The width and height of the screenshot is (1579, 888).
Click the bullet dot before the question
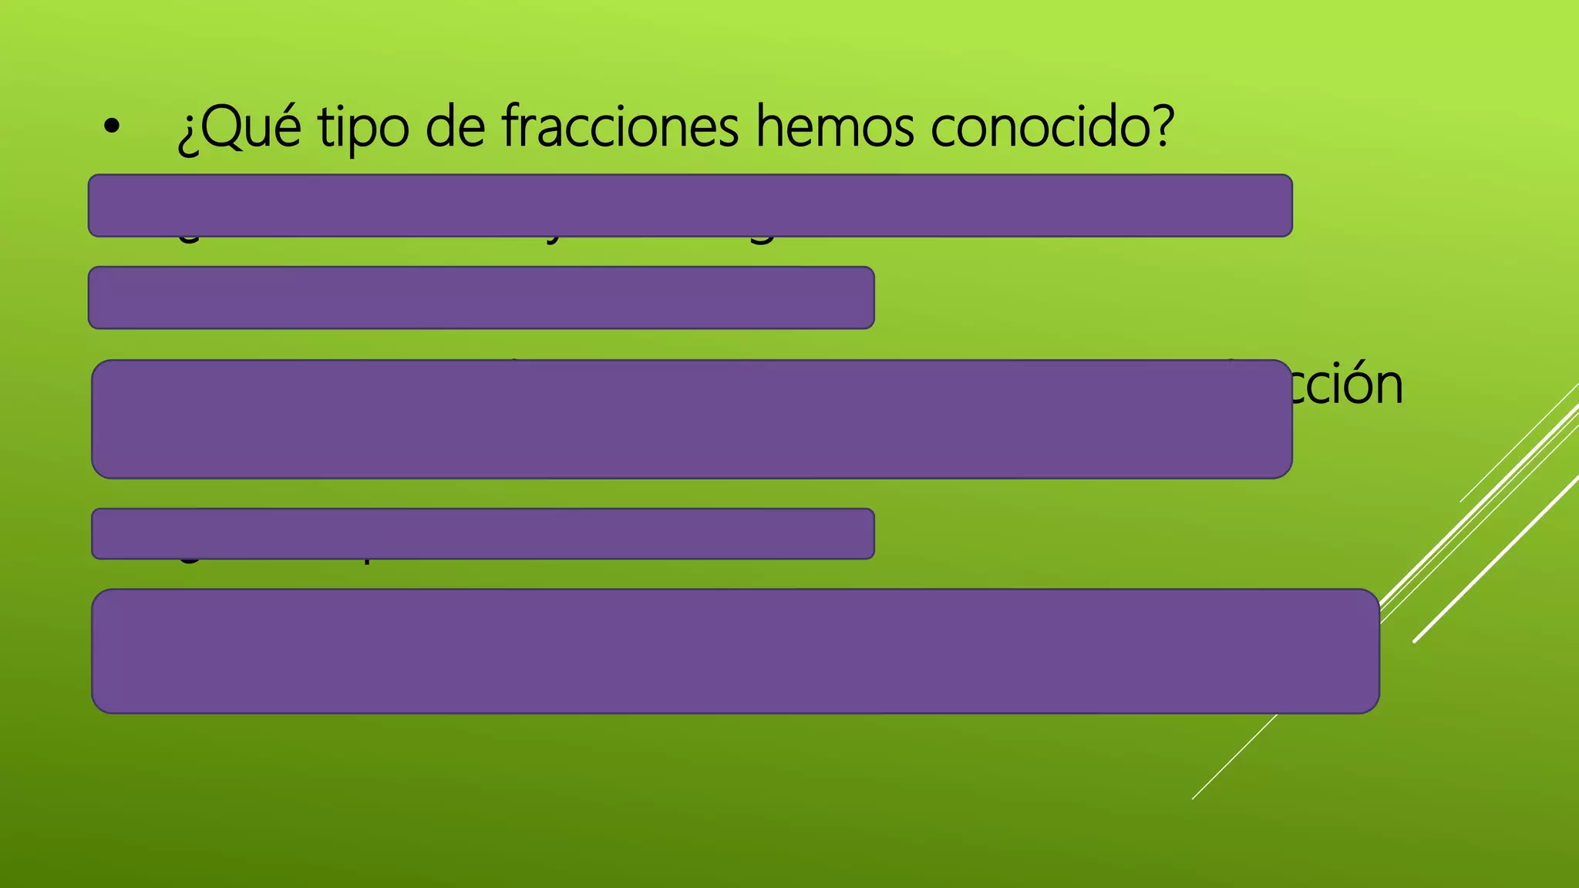(x=112, y=129)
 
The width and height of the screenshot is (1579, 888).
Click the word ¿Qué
(x=239, y=127)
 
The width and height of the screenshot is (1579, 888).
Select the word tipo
(x=363, y=127)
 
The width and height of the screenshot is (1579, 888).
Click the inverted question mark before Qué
(x=187, y=135)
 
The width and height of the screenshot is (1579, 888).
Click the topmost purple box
(x=690, y=205)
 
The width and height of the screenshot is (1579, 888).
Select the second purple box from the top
(x=481, y=298)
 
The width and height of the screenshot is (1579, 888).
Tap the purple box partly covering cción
(x=692, y=419)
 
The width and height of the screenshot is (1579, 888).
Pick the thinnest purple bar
(x=483, y=533)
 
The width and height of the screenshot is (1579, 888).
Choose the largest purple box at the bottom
(x=736, y=651)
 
